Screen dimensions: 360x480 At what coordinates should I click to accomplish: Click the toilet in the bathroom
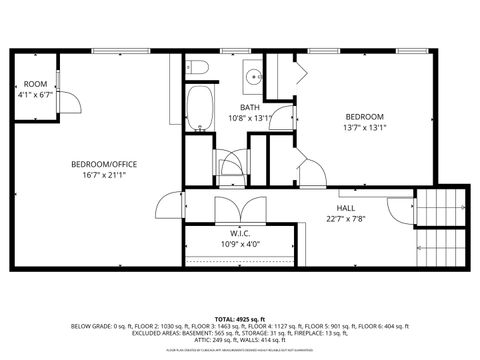[x=198, y=68]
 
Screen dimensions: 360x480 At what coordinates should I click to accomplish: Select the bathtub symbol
[x=199, y=105]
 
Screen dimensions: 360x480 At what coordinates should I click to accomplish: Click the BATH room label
[x=249, y=107]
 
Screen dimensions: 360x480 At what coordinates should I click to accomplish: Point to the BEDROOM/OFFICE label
[x=104, y=164]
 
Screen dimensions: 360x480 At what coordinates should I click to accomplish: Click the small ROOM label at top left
[x=36, y=84]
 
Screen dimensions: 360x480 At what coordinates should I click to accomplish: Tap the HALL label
[x=346, y=207]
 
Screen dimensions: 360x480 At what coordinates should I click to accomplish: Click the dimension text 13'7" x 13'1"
[x=365, y=127]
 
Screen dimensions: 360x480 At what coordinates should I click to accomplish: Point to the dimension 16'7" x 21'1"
[x=104, y=175]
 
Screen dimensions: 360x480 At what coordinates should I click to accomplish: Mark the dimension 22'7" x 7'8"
[x=346, y=218]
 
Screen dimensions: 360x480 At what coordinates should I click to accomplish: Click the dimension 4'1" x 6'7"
[x=36, y=95]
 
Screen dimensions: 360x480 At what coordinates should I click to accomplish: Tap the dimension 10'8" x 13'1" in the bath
[x=249, y=118]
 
